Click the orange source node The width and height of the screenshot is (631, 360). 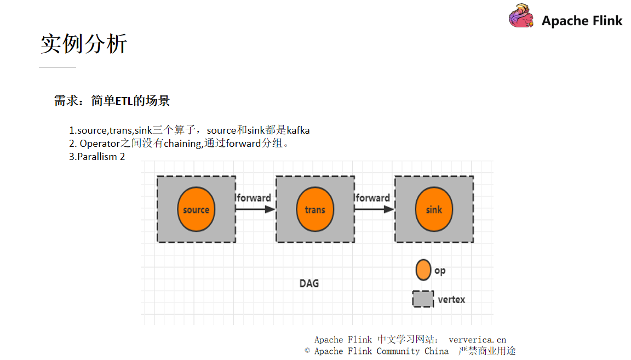pos(196,209)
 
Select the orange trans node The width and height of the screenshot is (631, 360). pos(315,209)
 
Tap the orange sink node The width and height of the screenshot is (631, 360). pos(434,209)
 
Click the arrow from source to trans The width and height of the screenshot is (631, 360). pos(255,209)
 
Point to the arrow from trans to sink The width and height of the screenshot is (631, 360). pos(374,209)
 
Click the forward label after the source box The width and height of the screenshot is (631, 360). pos(254,198)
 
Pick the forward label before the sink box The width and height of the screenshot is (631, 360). pos(372,198)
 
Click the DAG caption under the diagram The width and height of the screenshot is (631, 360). pos(309,283)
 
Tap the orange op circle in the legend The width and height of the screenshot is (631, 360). pos(423,270)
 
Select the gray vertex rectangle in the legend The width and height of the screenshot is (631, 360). pos(423,299)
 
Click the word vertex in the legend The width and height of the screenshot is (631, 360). pos(451,300)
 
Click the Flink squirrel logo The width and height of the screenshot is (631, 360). pos(521,16)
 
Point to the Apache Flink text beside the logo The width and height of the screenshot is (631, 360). pos(582,21)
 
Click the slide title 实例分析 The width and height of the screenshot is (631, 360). pos(84,44)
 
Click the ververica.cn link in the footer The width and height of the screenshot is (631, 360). pos(477,340)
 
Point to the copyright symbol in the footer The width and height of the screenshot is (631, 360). pos(308,351)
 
